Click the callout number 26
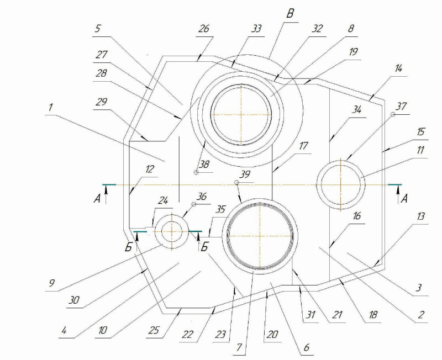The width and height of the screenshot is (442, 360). click(x=204, y=29)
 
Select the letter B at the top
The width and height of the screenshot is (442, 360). click(x=290, y=14)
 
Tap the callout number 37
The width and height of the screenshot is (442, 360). click(x=402, y=107)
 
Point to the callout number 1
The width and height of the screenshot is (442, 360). click(x=50, y=107)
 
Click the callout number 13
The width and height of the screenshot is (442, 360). click(x=420, y=216)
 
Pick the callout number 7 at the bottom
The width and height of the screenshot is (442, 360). click(x=239, y=348)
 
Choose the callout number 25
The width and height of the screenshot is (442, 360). click(x=155, y=330)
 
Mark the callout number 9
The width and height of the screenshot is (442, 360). click(x=51, y=283)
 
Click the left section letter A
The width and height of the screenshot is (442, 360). click(x=97, y=199)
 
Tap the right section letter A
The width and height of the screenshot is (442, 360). click(x=404, y=199)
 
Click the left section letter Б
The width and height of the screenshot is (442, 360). click(x=129, y=247)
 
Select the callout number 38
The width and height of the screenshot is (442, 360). click(x=204, y=164)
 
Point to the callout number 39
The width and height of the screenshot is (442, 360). click(x=245, y=174)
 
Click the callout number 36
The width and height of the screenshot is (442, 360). click(x=202, y=197)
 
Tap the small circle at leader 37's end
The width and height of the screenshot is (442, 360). click(x=393, y=114)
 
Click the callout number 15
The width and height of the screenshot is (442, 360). click(x=420, y=132)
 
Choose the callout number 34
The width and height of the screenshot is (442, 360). click(x=356, y=109)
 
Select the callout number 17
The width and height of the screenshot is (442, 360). click(x=303, y=146)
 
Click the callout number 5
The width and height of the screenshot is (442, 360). click(x=98, y=29)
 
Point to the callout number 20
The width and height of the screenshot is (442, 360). click(x=272, y=335)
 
